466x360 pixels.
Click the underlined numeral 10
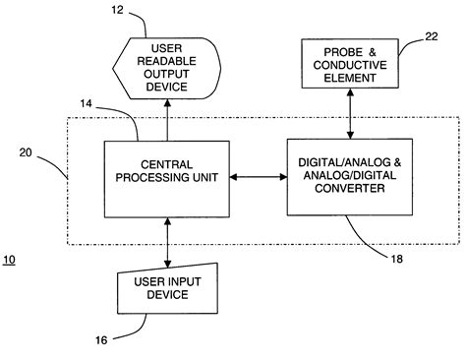pyautogui.click(x=9, y=260)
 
